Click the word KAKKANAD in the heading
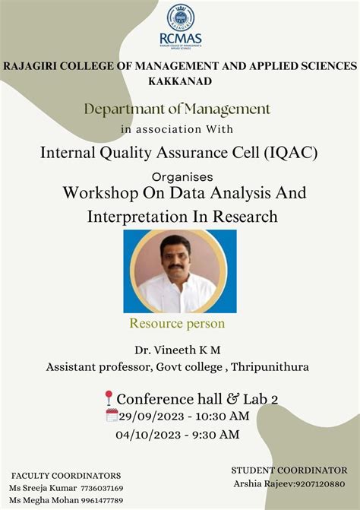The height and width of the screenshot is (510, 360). click(x=180, y=81)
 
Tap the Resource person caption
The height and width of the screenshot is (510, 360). click(x=177, y=324)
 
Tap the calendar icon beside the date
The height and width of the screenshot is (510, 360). click(x=112, y=416)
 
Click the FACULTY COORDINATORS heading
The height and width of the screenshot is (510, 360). click(x=66, y=475)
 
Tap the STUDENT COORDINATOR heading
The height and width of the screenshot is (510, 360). click(x=289, y=470)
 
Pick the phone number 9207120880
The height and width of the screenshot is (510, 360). click(x=317, y=483)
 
